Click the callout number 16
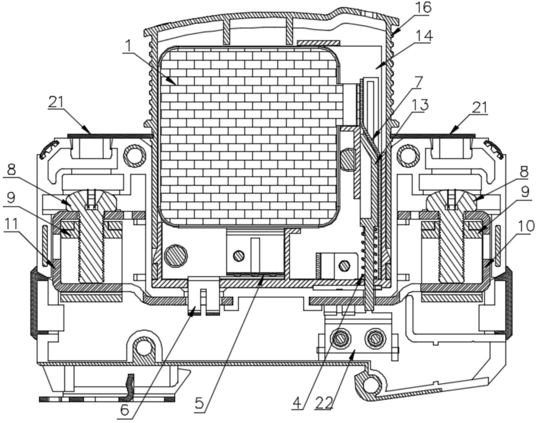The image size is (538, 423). point(423,8)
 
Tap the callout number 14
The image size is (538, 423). point(424,36)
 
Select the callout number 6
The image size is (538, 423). point(125,410)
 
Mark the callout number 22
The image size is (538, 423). point(324,403)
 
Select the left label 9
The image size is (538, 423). point(11,198)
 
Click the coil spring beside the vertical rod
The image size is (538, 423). point(368,253)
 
